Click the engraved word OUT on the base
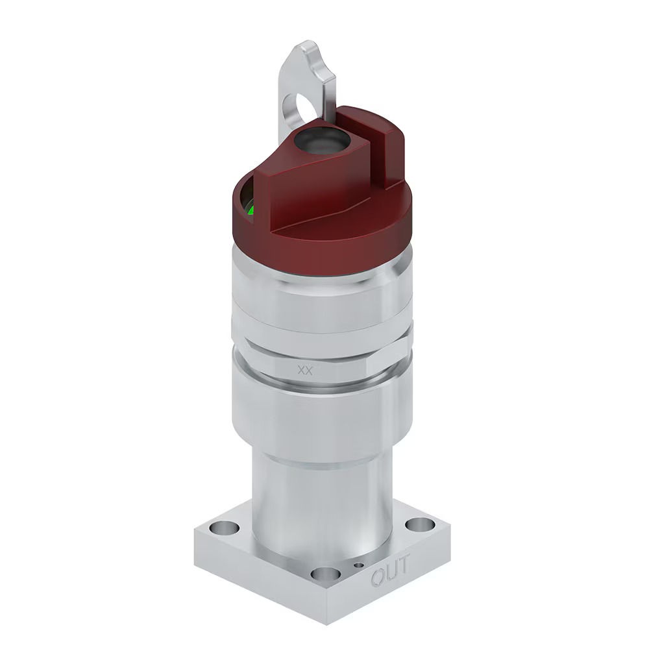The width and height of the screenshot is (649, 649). click(390, 570)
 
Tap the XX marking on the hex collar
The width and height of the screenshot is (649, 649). click(306, 370)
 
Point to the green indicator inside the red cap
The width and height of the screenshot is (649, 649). click(251, 210)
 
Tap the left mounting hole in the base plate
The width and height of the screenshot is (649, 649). click(225, 528)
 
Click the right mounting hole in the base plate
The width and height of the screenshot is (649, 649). click(420, 524)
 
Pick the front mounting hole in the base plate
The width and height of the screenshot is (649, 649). click(325, 574)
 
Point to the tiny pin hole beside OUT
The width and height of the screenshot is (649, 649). click(358, 565)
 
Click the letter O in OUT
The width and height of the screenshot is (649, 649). click(378, 576)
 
